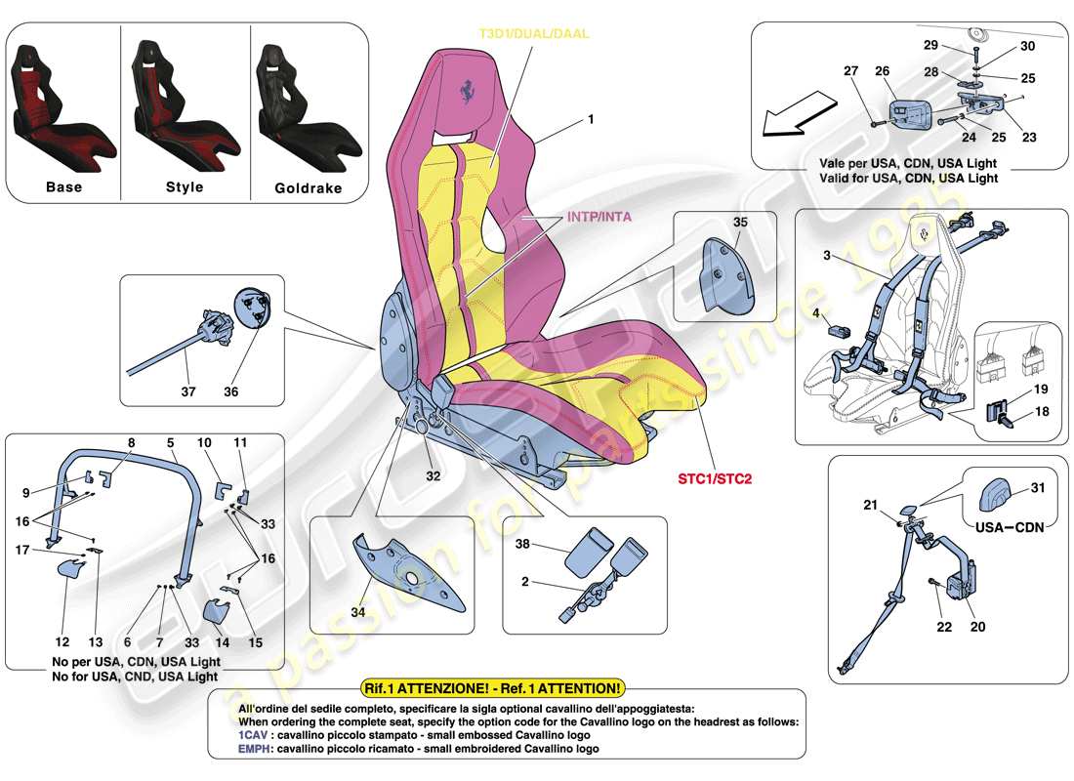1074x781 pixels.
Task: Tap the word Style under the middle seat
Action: pos(185,186)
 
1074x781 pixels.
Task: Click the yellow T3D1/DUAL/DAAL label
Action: pos(533,33)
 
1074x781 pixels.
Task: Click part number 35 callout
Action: pos(740,222)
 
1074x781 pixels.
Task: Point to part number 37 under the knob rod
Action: pos(188,392)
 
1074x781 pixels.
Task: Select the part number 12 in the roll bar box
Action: pos(62,642)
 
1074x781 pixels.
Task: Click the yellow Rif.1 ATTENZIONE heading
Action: pos(491,688)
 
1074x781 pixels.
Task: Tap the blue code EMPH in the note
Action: pos(254,749)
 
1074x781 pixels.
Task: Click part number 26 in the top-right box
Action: pos(883,70)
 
